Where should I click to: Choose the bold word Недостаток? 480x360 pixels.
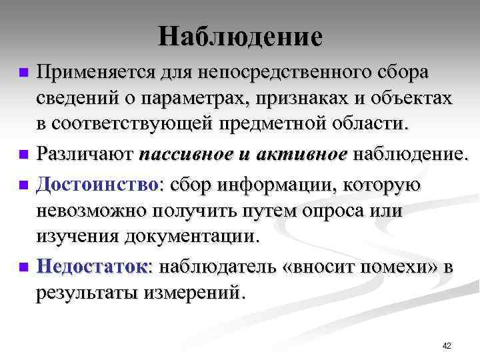click(93, 267)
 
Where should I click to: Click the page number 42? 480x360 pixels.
click(447, 346)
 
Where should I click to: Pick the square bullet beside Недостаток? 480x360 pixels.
click(24, 266)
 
